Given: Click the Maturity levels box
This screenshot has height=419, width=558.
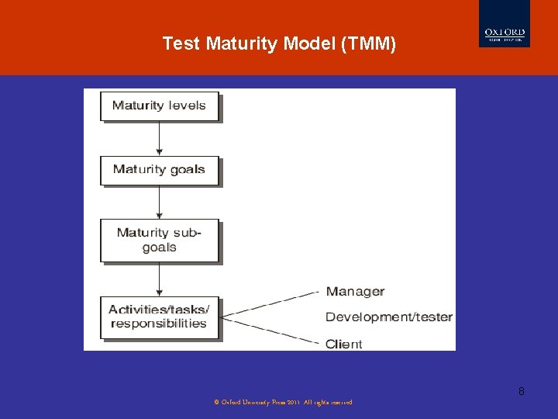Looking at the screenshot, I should coord(159,106).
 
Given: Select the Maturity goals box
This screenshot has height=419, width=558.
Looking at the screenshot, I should coord(159,170).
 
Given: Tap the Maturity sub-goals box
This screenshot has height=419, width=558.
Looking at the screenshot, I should coord(159,240).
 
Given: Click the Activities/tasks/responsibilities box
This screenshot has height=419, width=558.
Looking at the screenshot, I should coord(159,317).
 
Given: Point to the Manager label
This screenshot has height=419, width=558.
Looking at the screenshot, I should coord(355,292).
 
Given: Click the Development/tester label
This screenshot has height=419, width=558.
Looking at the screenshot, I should coord(388,317).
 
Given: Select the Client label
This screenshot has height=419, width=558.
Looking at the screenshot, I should coord(343,344).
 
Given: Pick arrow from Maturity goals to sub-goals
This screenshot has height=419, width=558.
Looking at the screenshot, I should coord(160,203).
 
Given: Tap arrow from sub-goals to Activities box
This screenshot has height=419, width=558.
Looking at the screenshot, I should coord(160,279).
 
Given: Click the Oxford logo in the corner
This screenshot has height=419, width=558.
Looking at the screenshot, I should coord(505,34).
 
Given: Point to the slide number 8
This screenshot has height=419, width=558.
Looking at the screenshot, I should coord(521,391).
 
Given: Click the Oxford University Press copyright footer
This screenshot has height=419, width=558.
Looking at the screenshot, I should coord(282,402).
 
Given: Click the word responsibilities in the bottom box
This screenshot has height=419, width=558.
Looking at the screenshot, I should coord(159,324).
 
